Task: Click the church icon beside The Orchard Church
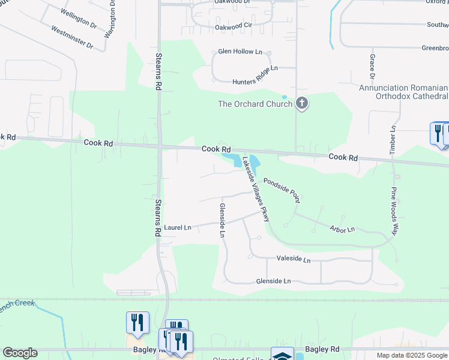coord(302,104)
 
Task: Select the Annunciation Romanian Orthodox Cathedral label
coord(403,92)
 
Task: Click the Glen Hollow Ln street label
coord(240,52)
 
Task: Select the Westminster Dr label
coord(72,37)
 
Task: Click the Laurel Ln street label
coord(177,228)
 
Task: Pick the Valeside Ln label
coord(294,260)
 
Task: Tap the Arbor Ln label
coord(342,229)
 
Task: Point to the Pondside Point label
coord(281,187)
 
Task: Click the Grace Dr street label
coord(372,66)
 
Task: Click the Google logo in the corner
coord(20,353)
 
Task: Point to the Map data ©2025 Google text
coord(411,355)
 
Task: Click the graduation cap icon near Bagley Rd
coord(282,355)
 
